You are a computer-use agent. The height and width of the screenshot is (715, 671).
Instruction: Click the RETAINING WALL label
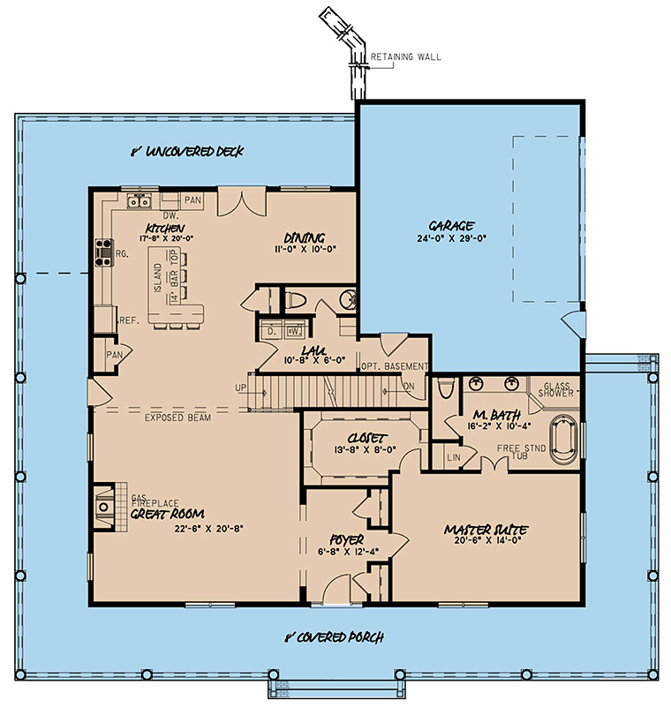pos(405,57)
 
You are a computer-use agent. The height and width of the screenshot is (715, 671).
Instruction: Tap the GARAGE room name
pos(451,226)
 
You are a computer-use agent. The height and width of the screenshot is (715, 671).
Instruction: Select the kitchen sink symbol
pos(139,200)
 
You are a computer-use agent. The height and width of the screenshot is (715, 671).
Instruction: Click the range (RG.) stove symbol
pos(104,252)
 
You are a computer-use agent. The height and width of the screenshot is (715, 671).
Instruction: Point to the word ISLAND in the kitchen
pos(157,277)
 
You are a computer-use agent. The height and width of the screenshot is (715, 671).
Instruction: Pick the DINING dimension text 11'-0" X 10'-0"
pos(305,249)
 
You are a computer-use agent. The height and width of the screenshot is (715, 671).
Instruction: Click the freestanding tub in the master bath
pos(563,440)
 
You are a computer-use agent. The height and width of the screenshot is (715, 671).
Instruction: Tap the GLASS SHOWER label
pos(556,390)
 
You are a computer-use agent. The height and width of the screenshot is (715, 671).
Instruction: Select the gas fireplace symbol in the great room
pos(104,507)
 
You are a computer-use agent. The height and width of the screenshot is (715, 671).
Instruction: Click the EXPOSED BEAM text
pos(177,418)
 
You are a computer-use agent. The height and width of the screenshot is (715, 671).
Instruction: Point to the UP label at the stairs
pos(240,388)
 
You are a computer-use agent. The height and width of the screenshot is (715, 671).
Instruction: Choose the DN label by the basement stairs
pos(409,387)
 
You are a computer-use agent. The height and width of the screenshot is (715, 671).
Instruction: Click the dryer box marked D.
pos(271,330)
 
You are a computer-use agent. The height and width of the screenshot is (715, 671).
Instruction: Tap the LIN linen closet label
pos(454,457)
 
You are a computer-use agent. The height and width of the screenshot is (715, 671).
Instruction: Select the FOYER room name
pos(347,540)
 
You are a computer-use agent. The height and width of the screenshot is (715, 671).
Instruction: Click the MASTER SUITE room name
pos(486,530)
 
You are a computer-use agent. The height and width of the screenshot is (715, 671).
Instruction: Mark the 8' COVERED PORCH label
pos(335,637)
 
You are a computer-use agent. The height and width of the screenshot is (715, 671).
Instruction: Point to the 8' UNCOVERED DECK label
pos(187,152)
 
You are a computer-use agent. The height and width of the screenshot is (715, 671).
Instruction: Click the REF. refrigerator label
pos(129,320)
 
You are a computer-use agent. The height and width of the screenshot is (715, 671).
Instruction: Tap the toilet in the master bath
pos(445,388)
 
